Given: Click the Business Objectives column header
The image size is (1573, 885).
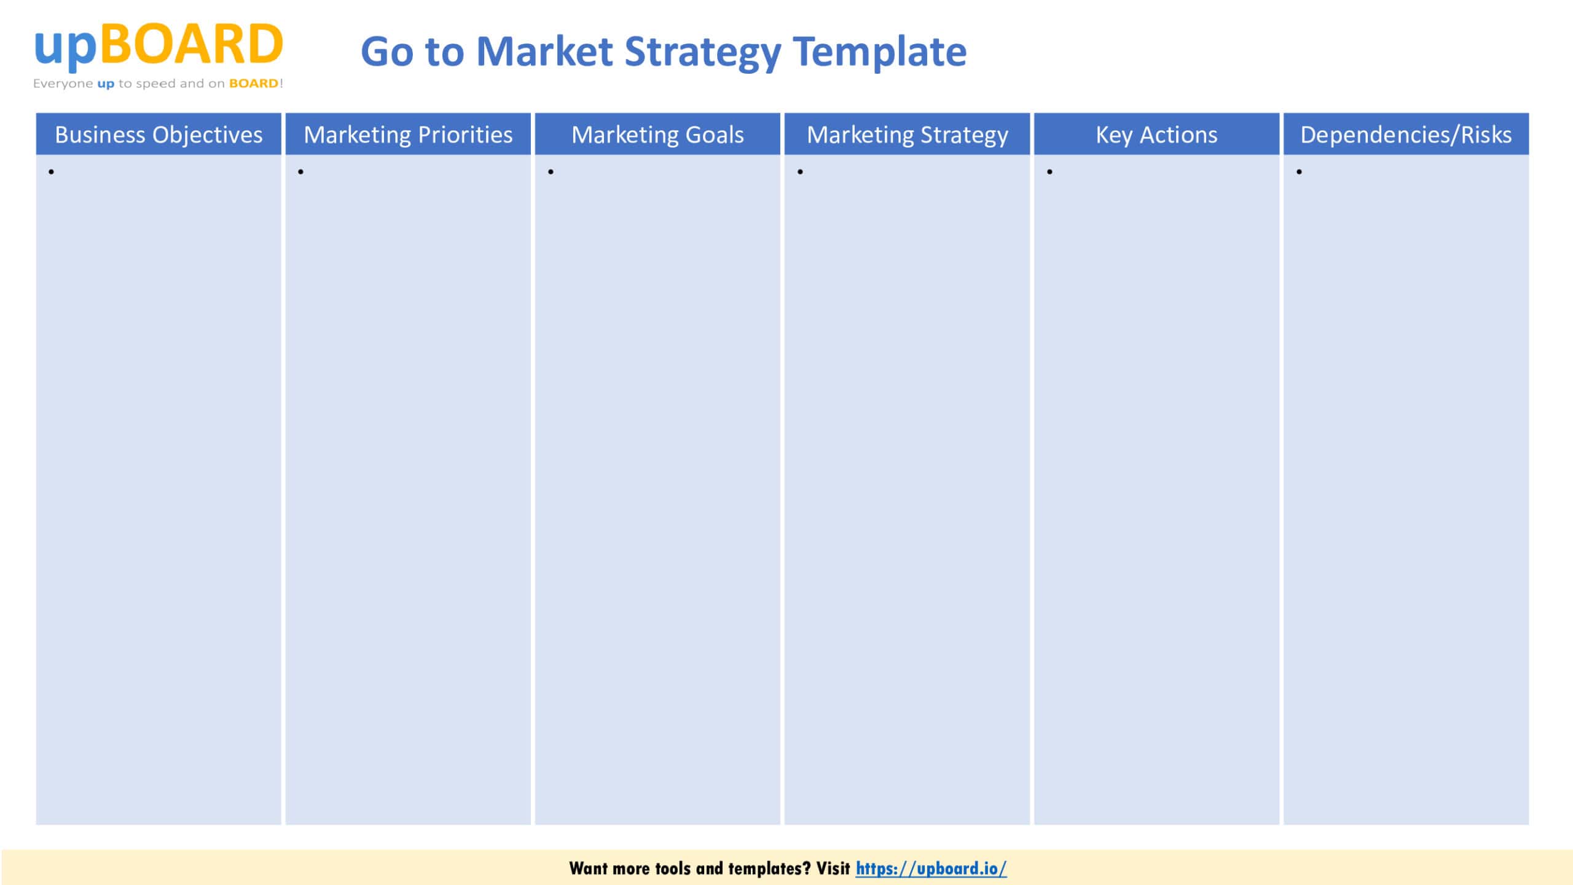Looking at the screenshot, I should pyautogui.click(x=159, y=135).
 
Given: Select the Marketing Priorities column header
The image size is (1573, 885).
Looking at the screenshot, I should pyautogui.click(x=408, y=135).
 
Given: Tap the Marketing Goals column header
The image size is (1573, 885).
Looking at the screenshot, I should pyautogui.click(x=657, y=135).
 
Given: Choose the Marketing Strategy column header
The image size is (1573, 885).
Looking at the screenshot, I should pyautogui.click(x=907, y=135).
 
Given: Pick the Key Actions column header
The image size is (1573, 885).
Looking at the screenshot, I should pyautogui.click(x=1156, y=135).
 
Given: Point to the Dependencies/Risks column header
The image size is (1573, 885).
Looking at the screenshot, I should pyautogui.click(x=1406, y=135).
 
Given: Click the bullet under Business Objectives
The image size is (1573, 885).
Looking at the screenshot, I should pyautogui.click(x=51, y=172).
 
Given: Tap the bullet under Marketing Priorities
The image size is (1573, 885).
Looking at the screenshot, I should pyautogui.click(x=300, y=172).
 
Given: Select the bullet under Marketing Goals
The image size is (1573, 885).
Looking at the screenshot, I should pyautogui.click(x=551, y=172).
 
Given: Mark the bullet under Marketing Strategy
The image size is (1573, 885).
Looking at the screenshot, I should pyautogui.click(x=800, y=172).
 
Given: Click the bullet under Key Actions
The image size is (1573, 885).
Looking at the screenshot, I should pyautogui.click(x=1049, y=172).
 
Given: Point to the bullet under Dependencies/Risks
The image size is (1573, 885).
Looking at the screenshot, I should pyautogui.click(x=1299, y=172).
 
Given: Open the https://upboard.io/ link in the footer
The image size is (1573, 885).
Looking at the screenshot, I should pyautogui.click(x=931, y=868).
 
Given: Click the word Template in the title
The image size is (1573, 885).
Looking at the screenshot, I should pyautogui.click(x=879, y=52).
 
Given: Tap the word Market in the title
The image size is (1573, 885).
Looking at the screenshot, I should pyautogui.click(x=544, y=52).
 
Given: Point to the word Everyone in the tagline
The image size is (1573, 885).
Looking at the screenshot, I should pyautogui.click(x=63, y=84).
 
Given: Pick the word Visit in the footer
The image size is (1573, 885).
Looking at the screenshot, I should pyautogui.click(x=833, y=868).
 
